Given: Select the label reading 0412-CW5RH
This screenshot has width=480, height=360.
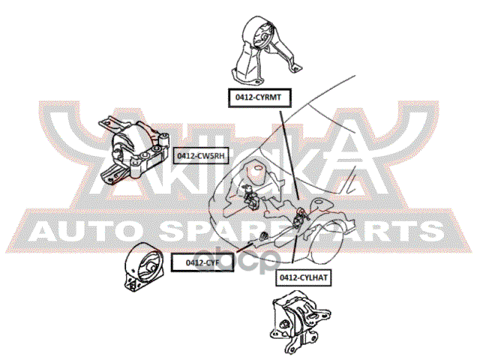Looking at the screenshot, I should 200,156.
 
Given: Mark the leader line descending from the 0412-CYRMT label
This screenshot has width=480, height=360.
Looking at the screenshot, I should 284,150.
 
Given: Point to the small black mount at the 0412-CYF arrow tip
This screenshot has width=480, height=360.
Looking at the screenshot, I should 264,238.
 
